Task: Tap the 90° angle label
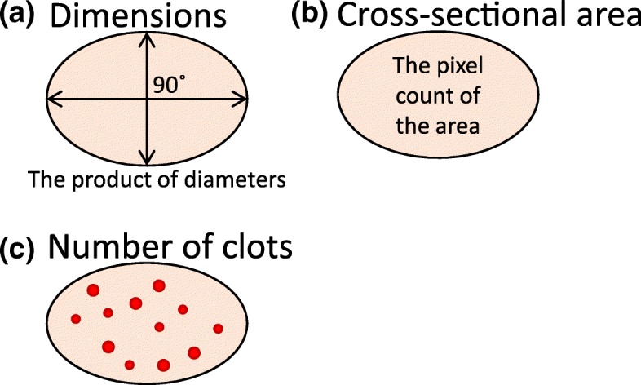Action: pos(167,85)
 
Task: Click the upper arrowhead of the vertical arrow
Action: pos(145,38)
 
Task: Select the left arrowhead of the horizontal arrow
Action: pos(51,99)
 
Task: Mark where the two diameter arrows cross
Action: pos(145,99)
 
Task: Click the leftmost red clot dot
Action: pos(76,319)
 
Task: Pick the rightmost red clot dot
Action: pos(218,329)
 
